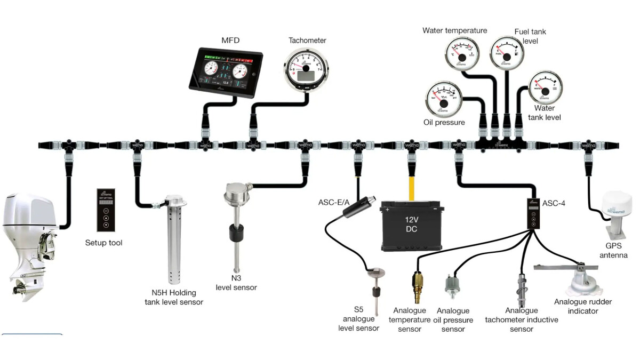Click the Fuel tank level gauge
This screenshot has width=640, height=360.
tap(505, 53)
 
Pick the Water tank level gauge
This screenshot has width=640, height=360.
tap(545, 89)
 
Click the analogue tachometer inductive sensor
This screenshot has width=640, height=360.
tap(522, 288)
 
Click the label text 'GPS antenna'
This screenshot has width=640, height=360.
tap(617, 251)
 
